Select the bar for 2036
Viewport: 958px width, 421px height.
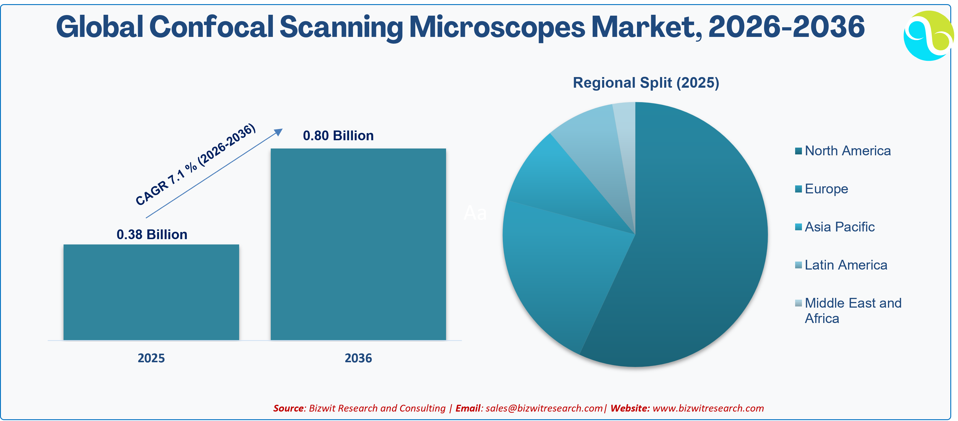coord(358,244)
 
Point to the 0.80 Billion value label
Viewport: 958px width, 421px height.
coord(338,136)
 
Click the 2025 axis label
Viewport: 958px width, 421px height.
coord(151,358)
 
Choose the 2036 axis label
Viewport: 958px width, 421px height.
coord(358,358)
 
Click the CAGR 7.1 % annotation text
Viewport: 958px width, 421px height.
coord(196,164)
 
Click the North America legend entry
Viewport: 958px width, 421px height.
coord(843,151)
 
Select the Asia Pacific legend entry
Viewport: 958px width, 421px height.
coord(835,227)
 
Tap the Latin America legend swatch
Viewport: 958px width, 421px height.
coord(798,265)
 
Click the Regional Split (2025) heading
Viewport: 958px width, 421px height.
coord(646,82)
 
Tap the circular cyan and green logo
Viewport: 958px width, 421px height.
coord(929,36)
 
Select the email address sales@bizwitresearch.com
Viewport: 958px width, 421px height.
coord(544,408)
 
